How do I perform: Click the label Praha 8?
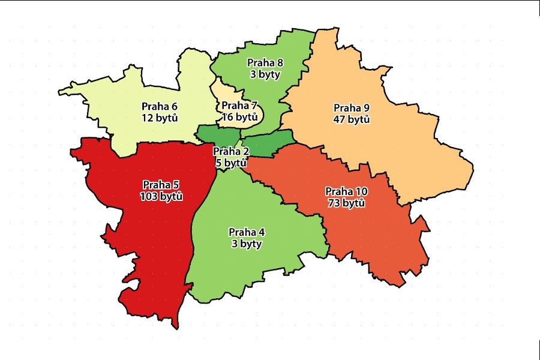click(265, 62)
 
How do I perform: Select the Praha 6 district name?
click(159, 107)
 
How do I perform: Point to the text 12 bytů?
click(159, 118)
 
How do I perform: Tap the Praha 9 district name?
click(351, 109)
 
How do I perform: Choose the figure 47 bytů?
click(351, 119)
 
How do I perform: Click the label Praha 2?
click(231, 151)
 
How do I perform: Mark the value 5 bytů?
click(231, 163)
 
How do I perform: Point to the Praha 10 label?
click(347, 192)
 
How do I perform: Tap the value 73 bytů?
click(347, 203)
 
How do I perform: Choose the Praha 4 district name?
click(247, 233)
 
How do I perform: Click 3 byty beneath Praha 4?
click(247, 244)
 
